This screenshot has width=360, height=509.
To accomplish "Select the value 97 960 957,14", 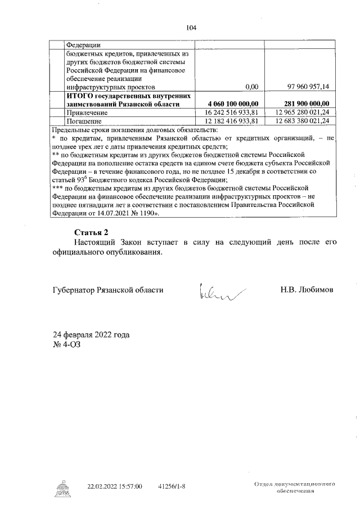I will point(308,87).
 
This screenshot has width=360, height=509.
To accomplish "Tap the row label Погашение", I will point(84,120).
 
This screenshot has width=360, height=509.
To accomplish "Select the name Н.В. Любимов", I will point(307,290).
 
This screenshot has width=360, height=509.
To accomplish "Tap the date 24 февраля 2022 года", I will point(91,335).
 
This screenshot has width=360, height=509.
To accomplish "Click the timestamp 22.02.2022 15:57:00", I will point(115,487).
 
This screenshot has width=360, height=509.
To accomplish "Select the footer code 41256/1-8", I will point(172,487).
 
